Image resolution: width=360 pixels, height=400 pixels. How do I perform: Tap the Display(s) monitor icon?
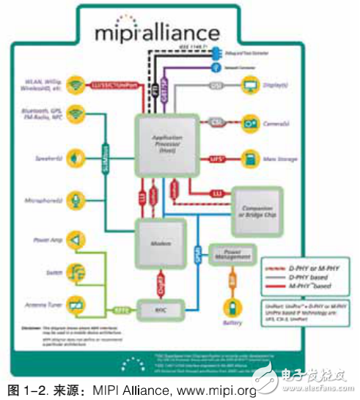[251, 86]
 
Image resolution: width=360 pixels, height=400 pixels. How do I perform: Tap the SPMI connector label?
[196, 256]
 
